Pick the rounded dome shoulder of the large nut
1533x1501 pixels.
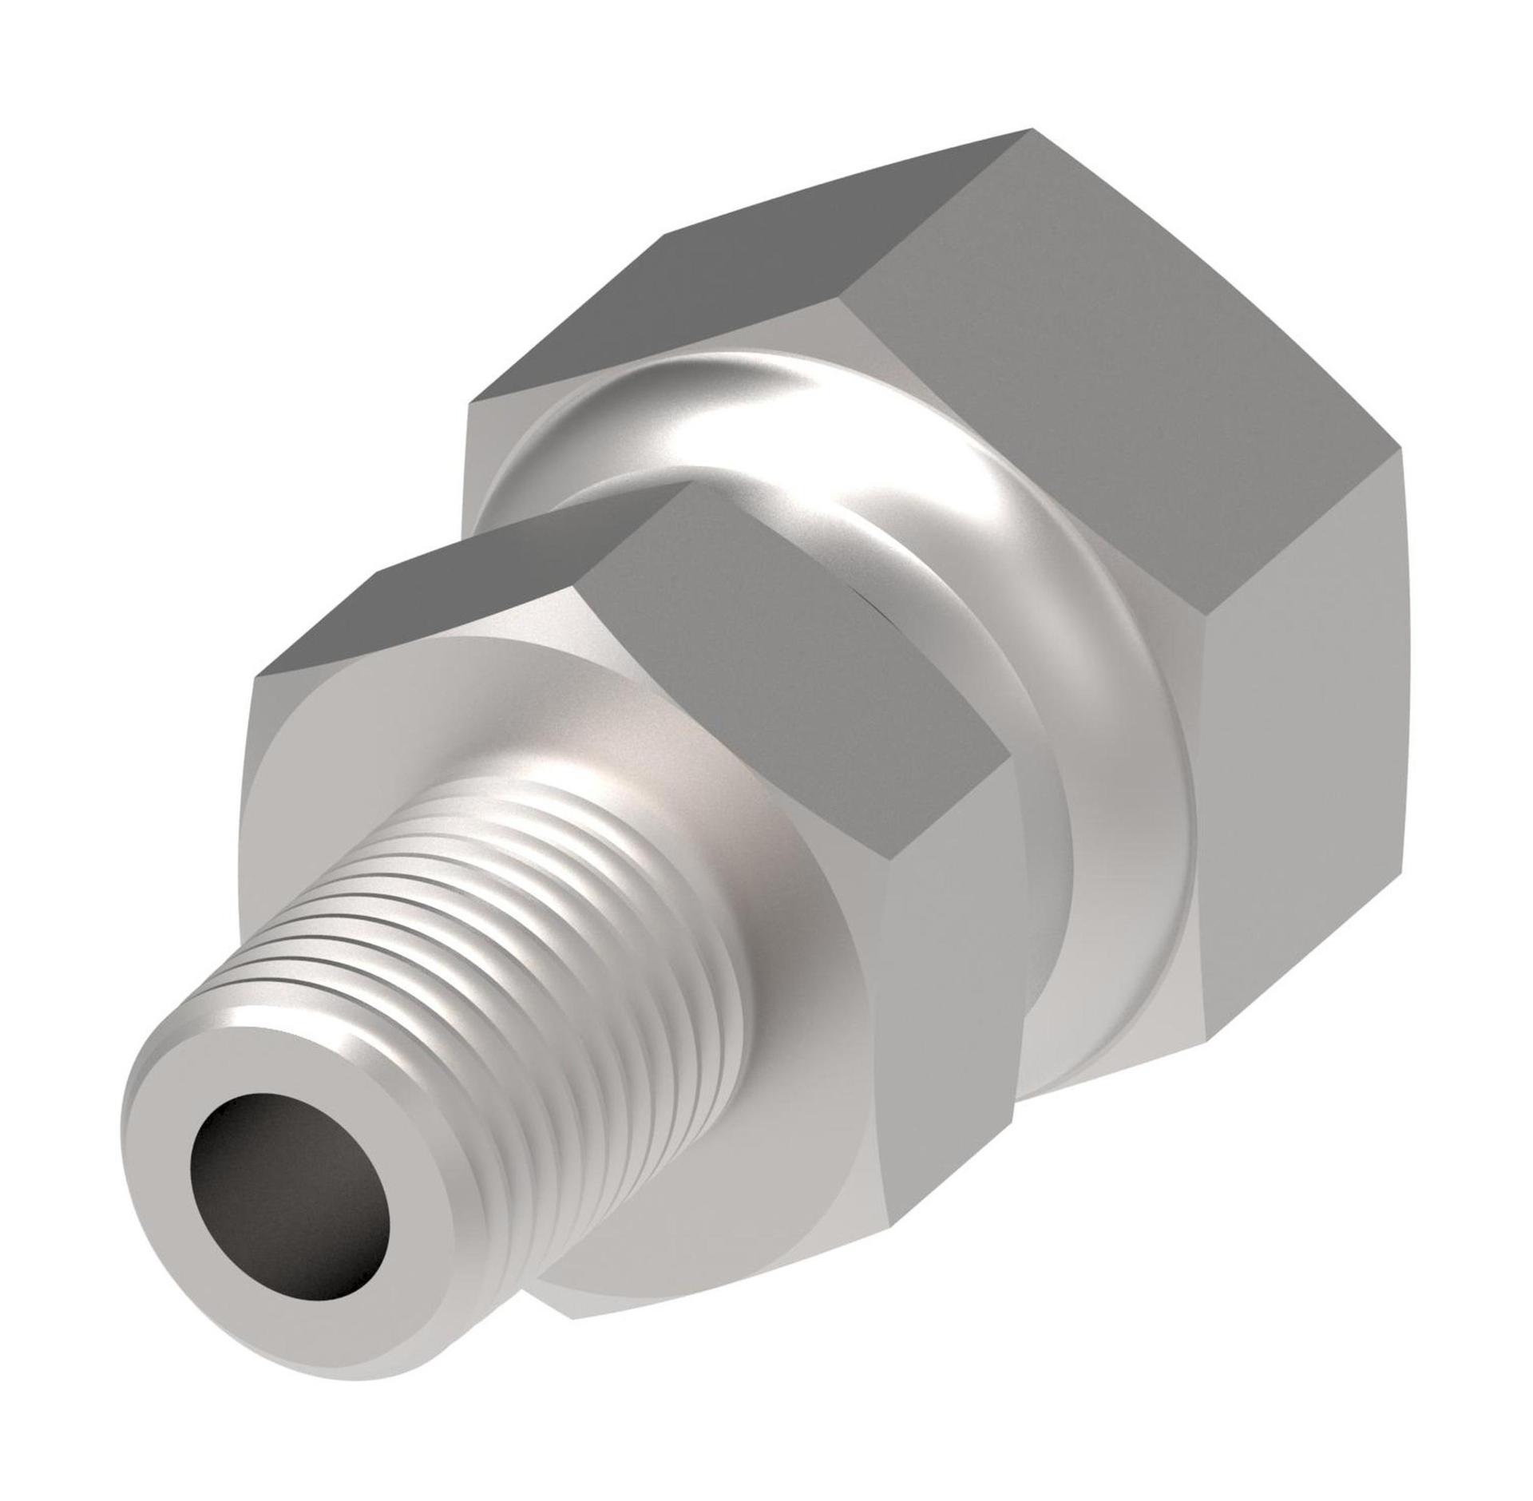798,431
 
